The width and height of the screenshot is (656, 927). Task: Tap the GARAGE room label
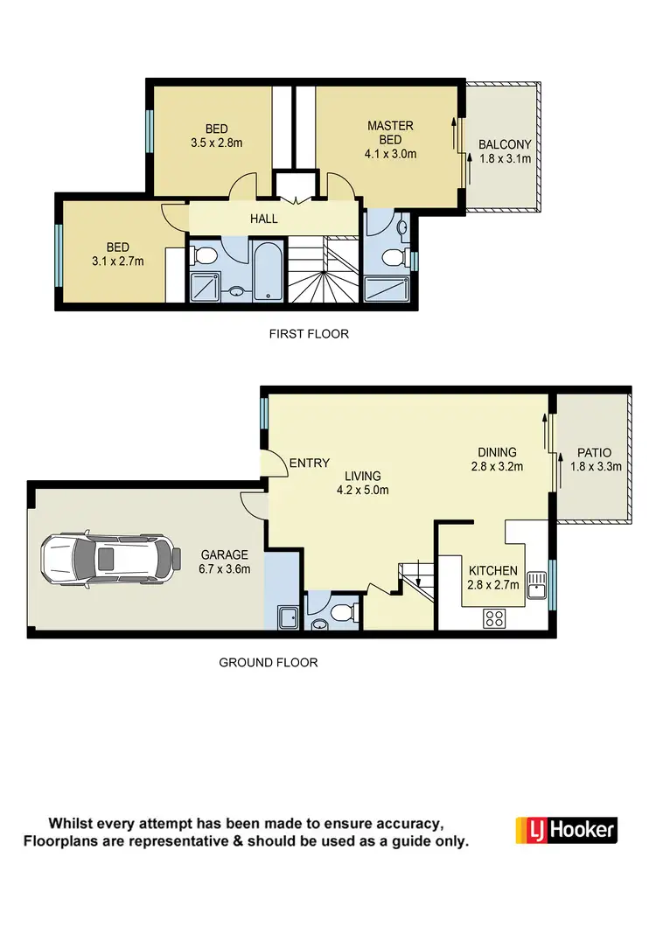[x=225, y=554]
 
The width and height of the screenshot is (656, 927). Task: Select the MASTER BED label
[x=390, y=132]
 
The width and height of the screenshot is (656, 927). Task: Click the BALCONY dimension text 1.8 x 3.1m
[x=505, y=159]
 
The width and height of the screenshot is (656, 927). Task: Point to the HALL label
[x=264, y=218]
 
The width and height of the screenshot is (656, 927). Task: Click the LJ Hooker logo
[x=567, y=830]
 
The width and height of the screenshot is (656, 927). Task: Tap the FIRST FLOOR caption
[x=309, y=333]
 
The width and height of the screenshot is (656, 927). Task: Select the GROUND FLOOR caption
[x=268, y=662]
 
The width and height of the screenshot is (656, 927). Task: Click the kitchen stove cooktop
[x=494, y=617]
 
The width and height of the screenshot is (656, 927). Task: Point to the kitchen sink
[x=537, y=586]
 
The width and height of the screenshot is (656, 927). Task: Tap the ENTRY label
[x=310, y=463]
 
